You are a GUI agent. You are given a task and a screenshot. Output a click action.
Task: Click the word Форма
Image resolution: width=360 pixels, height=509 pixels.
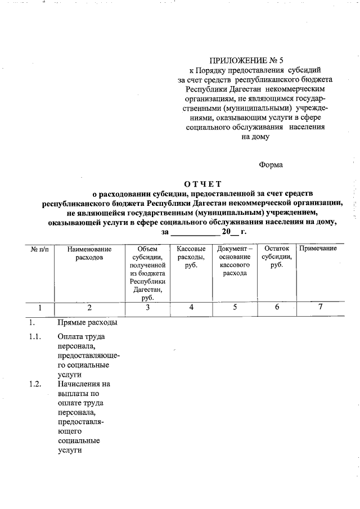click(271, 165)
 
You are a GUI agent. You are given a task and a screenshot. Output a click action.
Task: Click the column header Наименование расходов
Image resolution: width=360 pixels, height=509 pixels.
click(89, 253)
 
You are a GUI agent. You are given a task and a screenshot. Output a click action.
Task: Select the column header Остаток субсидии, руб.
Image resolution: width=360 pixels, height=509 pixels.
click(276, 257)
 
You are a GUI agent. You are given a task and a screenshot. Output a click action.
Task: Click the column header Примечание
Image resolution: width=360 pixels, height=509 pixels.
click(318, 249)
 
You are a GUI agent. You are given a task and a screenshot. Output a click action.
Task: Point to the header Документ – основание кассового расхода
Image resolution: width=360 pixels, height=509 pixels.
click(235, 261)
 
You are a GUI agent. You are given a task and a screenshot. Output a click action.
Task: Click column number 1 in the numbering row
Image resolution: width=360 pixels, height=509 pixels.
click(39, 308)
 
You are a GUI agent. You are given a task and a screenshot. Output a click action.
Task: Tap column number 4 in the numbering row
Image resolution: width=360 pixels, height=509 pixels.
click(191, 308)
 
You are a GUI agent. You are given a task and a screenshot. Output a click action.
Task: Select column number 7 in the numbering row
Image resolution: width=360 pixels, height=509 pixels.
click(320, 308)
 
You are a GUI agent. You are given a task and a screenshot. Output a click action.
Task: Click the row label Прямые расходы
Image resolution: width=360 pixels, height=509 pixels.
click(87, 323)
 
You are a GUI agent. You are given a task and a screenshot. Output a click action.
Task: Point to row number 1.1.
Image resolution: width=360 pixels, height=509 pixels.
click(35, 337)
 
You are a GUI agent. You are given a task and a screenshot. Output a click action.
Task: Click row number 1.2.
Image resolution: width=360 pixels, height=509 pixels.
click(35, 384)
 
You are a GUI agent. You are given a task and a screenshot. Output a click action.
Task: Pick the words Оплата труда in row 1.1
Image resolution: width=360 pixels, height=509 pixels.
click(81, 337)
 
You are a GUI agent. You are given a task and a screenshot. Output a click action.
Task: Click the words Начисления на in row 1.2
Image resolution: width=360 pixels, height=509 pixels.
click(84, 384)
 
